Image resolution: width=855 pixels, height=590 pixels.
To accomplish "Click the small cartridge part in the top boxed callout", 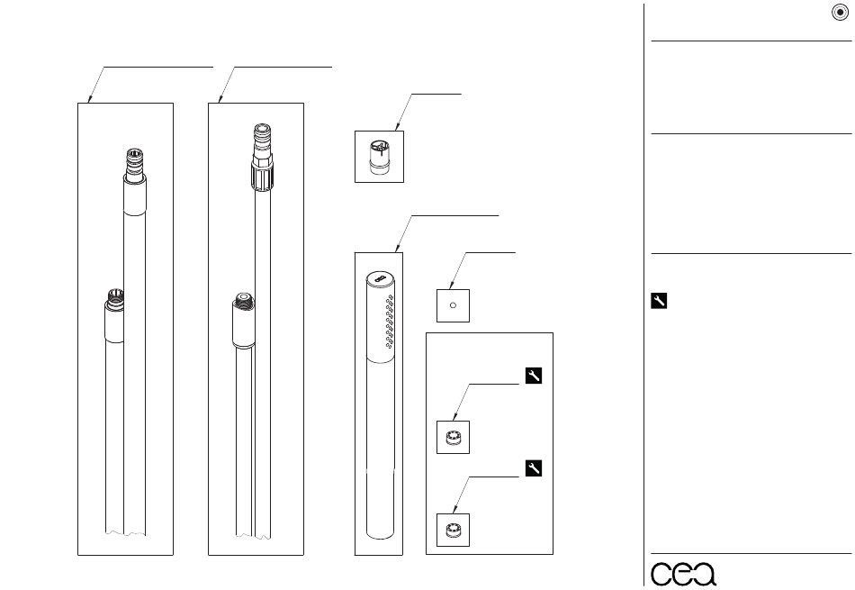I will (379, 157).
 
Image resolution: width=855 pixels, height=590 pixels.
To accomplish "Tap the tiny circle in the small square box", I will (453, 305).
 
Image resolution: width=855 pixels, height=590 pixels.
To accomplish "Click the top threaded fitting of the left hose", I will (133, 163).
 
